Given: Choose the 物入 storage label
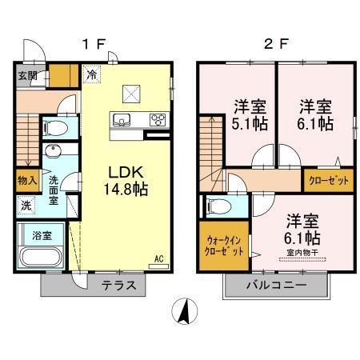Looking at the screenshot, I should pos(26,181).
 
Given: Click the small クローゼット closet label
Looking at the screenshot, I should pos(329,181).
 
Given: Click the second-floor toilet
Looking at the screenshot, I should pos(218,206).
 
